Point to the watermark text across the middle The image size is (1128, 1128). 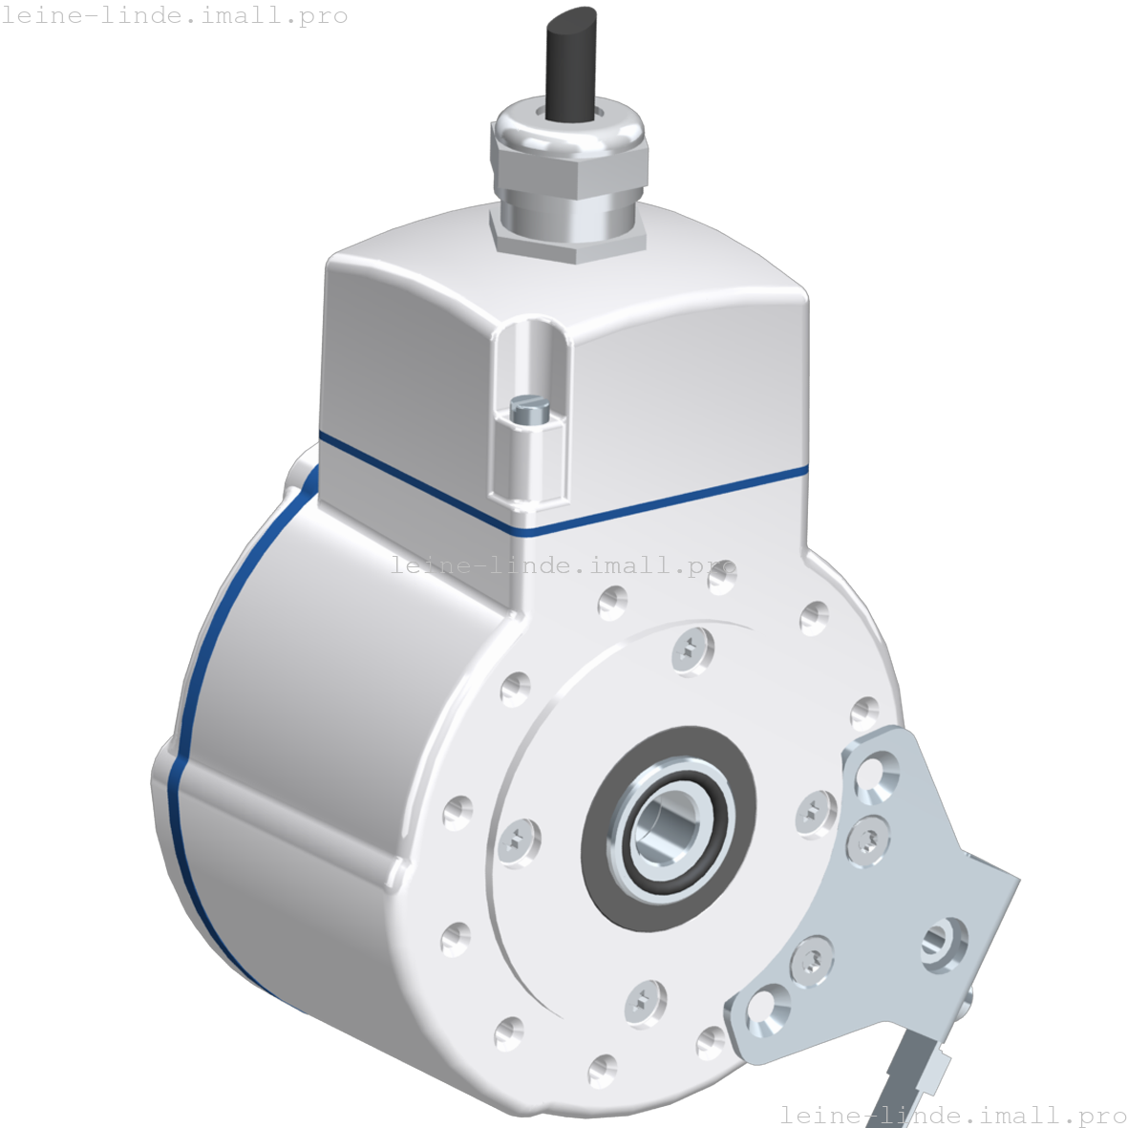click(564, 565)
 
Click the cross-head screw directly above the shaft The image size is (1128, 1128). click(692, 651)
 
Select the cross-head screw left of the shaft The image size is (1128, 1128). click(519, 841)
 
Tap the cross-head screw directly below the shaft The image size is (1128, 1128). click(645, 1003)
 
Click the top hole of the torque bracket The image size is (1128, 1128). click(877, 776)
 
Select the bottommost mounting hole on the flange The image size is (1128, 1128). click(602, 1070)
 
